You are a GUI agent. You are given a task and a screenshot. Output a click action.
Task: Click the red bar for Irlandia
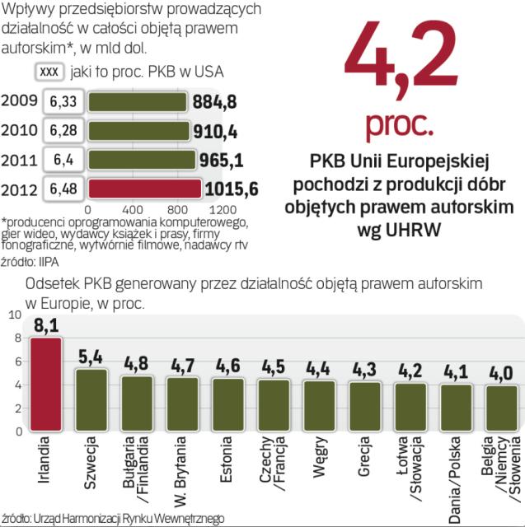(x=45, y=384)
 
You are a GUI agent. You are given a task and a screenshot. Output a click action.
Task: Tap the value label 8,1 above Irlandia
(x=45, y=325)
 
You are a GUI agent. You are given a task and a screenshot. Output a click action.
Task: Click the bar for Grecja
(x=364, y=406)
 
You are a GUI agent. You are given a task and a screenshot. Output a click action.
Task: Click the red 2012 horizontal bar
(x=144, y=188)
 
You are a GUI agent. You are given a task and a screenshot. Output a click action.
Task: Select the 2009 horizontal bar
(x=139, y=102)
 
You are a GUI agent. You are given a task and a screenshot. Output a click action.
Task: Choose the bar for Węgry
(x=319, y=405)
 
